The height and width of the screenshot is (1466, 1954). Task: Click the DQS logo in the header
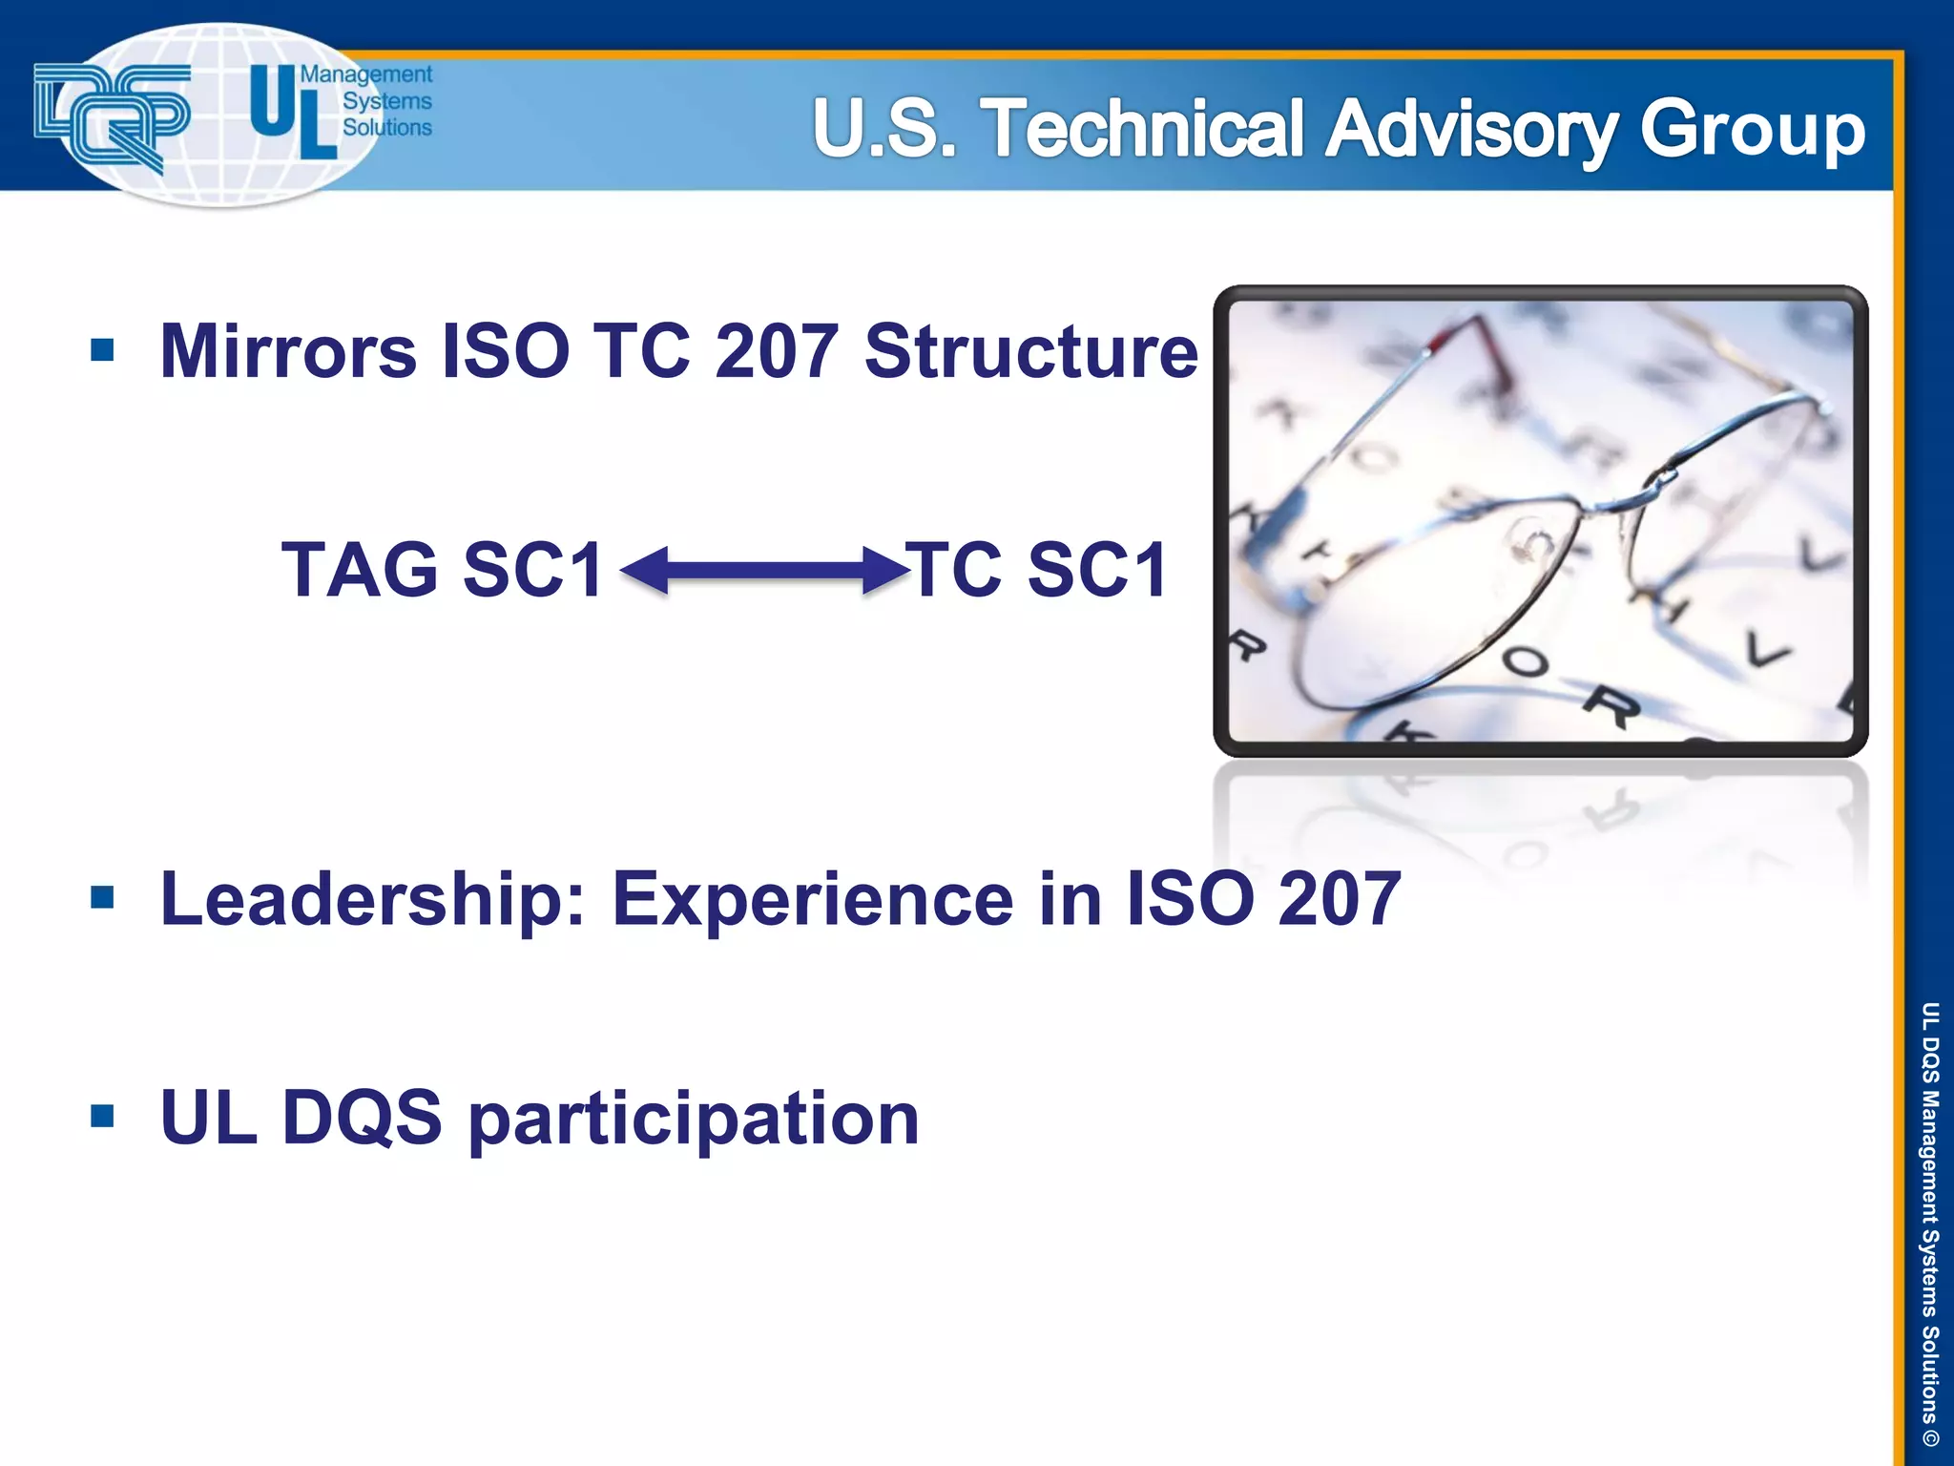pos(112,115)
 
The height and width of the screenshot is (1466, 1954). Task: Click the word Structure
pos(1030,352)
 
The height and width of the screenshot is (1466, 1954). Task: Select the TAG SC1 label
pos(442,571)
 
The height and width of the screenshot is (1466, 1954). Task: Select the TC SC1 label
pos(1037,571)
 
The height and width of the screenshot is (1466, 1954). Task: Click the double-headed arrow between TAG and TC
pos(764,571)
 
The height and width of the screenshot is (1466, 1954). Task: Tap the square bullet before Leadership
pos(102,898)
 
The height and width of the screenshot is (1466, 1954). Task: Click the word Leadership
pos(372,900)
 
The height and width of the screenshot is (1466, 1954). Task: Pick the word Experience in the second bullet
pos(812,900)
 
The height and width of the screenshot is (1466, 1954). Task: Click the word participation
pos(694,1120)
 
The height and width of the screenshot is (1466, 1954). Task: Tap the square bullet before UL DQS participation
pos(102,1116)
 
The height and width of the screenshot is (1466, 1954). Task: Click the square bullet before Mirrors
pos(102,349)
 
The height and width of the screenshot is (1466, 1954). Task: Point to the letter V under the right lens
pos(1767,651)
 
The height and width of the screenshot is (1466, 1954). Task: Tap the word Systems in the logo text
pos(386,101)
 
